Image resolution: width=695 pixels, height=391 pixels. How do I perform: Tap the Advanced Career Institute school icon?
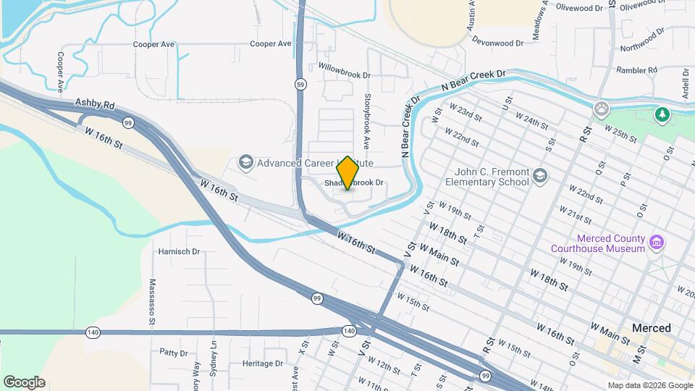click(x=245, y=162)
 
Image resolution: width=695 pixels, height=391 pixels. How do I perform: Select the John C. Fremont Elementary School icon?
click(x=540, y=177)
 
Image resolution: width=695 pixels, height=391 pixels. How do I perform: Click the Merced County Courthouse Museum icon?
click(x=657, y=242)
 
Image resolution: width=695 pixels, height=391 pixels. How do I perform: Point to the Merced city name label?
click(x=652, y=328)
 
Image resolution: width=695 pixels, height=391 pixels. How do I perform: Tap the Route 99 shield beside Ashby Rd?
click(x=128, y=122)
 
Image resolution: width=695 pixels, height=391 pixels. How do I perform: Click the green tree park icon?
click(x=661, y=114)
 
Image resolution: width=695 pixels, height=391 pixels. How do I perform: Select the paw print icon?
click(x=601, y=109)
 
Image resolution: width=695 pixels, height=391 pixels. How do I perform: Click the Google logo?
click(x=25, y=382)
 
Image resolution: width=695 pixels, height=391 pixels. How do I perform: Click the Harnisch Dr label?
click(x=179, y=252)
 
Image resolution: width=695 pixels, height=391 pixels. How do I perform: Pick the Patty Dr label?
click(x=174, y=353)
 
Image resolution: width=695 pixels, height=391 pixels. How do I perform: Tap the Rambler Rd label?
click(x=636, y=70)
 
